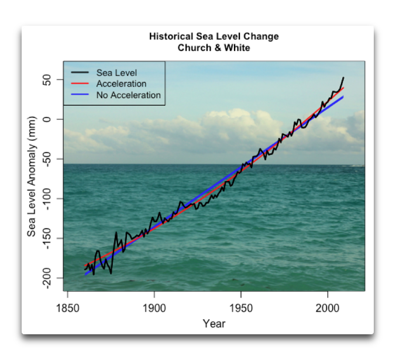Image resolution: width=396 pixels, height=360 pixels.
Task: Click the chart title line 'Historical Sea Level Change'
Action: point(214,36)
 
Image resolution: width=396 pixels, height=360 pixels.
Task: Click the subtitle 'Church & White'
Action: point(214,47)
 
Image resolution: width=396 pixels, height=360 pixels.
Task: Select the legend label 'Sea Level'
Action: point(116,73)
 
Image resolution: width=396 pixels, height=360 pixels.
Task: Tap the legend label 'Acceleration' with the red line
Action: point(121,84)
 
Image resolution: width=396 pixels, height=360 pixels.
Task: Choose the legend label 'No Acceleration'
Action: point(128,95)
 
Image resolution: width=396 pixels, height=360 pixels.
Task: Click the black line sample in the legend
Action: point(80,73)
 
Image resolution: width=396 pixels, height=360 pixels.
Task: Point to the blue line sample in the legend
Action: point(80,95)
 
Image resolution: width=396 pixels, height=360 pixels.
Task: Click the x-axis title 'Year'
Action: point(214,323)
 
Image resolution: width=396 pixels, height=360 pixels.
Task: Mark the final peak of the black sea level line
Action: point(343,77)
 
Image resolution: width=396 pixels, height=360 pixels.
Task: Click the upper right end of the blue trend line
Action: point(343,97)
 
